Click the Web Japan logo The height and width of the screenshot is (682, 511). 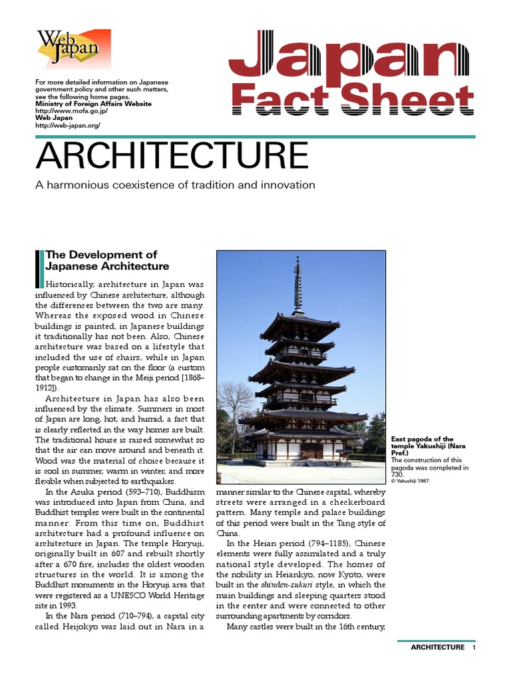(73, 49)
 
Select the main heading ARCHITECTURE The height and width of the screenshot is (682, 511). (172, 155)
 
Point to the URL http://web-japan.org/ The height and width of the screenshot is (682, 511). (67, 125)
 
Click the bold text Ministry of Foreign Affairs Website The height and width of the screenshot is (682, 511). (93, 104)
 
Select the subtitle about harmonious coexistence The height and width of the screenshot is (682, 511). (175, 184)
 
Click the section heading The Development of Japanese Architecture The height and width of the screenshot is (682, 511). (107, 260)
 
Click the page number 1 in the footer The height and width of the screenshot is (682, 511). (474, 647)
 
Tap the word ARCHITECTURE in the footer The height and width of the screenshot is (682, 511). (437, 647)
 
